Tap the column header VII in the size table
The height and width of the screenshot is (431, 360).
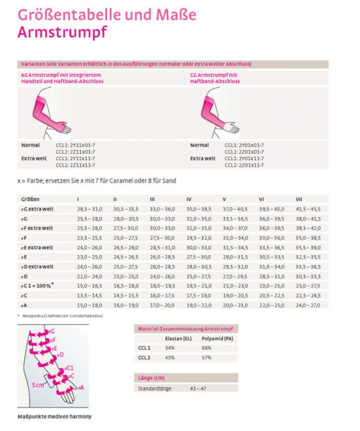click(297, 198)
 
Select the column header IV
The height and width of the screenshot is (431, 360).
click(189, 198)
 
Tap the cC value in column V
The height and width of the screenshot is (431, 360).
click(235, 295)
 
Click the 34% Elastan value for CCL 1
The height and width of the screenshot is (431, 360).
click(170, 347)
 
